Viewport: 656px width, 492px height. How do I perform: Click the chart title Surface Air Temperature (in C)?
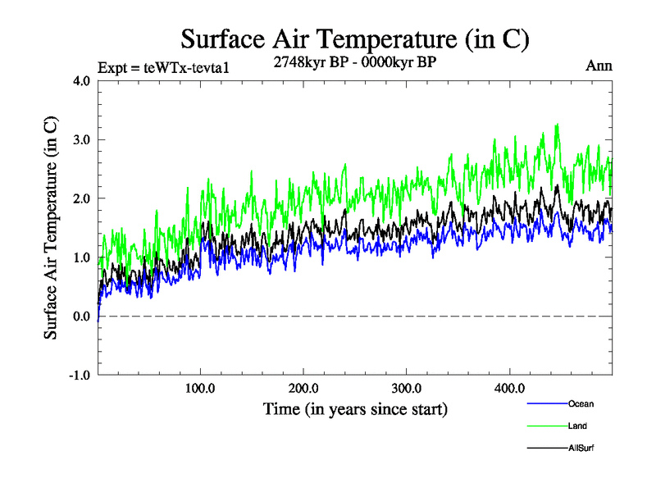pos(354,39)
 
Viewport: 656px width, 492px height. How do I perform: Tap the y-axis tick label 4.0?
pos(80,80)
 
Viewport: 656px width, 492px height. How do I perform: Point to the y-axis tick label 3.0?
pos(80,139)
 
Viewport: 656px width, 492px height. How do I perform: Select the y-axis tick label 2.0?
pos(80,198)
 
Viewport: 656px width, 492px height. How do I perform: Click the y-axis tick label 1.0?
pos(80,257)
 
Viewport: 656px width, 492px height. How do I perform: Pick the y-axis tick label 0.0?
pos(80,317)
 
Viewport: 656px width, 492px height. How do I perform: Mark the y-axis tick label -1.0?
pos(79,376)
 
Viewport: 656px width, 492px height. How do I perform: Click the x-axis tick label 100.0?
pos(201,388)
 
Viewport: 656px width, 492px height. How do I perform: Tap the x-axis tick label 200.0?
pos(304,388)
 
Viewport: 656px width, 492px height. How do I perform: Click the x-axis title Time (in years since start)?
pos(355,408)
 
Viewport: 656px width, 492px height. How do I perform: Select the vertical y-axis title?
pos(51,228)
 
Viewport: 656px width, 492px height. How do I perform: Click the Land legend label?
pos(577,426)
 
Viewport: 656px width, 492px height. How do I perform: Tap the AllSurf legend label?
pos(581,448)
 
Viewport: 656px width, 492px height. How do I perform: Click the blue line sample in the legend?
pos(547,403)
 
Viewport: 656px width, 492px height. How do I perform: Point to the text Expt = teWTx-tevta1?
pos(162,67)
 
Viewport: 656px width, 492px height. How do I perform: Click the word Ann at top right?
pos(599,66)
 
